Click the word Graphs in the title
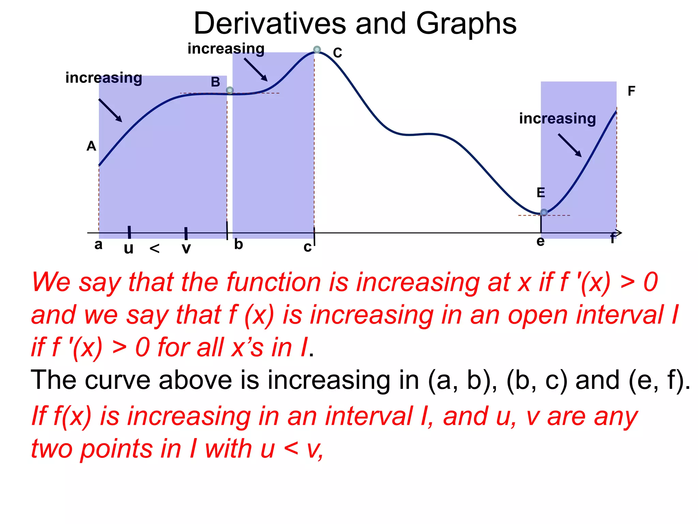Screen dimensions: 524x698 pos(466,24)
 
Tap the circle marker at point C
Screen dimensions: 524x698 pos(317,49)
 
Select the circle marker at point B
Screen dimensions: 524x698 pos(230,90)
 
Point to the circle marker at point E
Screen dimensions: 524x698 pos(544,213)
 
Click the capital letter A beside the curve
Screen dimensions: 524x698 pos(91,146)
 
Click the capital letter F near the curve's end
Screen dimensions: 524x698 pos(631,91)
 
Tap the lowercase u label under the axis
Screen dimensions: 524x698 pos(128,249)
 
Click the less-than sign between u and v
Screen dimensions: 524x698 pos(155,249)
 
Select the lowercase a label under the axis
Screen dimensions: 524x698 pos(98,245)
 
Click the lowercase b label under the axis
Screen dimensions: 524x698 pos(239,244)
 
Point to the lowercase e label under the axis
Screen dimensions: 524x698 pos(541,242)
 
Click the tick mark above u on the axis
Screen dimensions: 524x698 pos(129,232)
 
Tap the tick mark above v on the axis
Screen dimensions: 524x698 pos(186,234)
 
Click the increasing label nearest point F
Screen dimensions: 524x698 pos(557,118)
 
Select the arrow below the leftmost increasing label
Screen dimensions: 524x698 pos(110,110)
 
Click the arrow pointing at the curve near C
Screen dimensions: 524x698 pos(256,70)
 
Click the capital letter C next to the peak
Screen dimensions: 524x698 pos(337,53)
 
